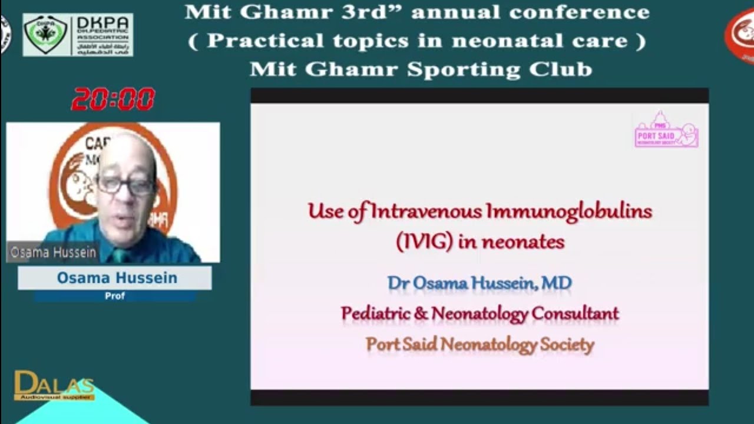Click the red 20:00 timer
tap(113, 100)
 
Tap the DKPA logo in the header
tap(78, 35)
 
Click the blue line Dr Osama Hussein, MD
tap(479, 283)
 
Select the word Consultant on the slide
tap(575, 313)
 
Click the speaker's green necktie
tap(120, 255)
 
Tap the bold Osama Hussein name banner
tap(117, 278)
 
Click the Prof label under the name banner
tap(115, 296)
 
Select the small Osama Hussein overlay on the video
tap(53, 253)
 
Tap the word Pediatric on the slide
tap(376, 313)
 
